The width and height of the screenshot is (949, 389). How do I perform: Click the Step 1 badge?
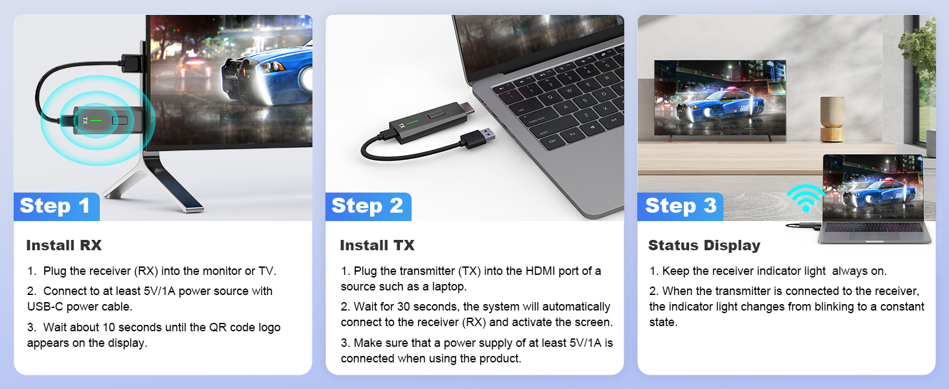[x=55, y=206]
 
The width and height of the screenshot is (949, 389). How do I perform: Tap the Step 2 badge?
[x=367, y=206]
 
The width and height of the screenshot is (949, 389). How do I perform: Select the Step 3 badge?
[x=681, y=206]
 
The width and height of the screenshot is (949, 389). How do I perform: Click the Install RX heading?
[x=64, y=245]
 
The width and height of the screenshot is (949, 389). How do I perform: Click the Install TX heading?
[x=377, y=245]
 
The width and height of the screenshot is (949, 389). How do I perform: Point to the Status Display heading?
[x=704, y=245]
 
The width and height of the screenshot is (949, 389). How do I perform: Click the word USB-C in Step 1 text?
[x=45, y=307]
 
